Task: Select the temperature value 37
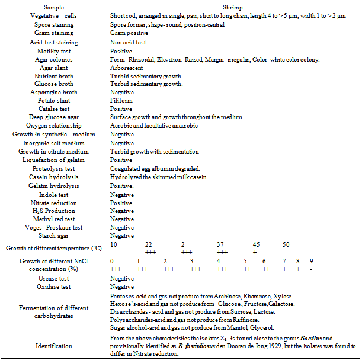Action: point(220,244)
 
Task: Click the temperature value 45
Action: point(255,244)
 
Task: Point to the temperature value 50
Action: point(286,244)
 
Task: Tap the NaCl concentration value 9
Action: point(311,261)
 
